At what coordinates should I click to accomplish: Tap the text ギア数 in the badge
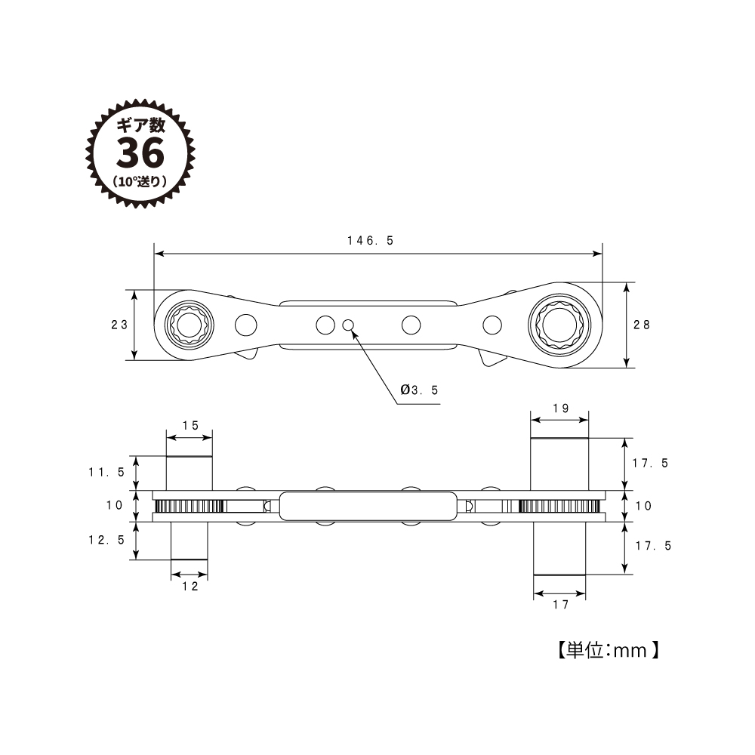pos(140,126)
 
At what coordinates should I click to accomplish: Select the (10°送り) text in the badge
pos(140,181)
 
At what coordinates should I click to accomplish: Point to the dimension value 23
pos(119,325)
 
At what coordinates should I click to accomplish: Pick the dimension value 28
pos(643,324)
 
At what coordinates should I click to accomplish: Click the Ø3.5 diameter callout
pos(420,390)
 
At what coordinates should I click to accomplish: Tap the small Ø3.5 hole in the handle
pos(348,325)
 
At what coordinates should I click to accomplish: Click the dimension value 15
pos(190,425)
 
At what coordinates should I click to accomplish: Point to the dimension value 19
pos(559,408)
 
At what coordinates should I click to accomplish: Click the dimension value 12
pos(190,586)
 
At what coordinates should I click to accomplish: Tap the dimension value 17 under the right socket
pos(559,604)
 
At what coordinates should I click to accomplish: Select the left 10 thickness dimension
pos(114,505)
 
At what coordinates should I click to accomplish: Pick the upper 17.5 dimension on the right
pos(650,464)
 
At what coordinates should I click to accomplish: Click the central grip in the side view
pos(368,506)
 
